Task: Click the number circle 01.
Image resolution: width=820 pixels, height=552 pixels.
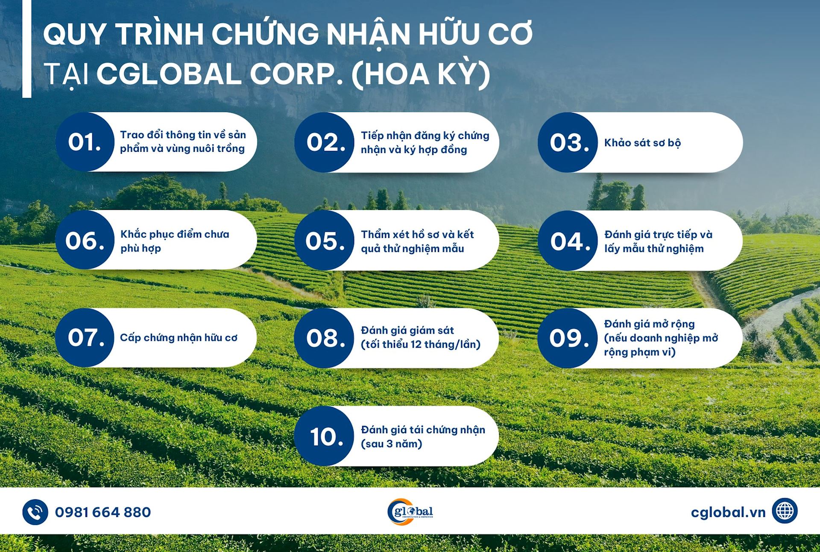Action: (85, 142)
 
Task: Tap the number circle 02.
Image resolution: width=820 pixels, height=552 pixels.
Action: (324, 142)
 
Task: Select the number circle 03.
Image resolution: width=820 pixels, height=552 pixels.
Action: (568, 142)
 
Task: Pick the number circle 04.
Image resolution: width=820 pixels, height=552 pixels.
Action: (568, 240)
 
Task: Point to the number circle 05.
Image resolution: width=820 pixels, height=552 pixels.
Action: (324, 240)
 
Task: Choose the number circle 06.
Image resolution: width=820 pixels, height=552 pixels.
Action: (85, 240)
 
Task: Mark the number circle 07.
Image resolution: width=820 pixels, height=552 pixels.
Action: (85, 338)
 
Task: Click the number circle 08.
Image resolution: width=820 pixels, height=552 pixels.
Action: (324, 338)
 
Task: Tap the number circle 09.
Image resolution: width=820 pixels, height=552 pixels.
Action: (568, 338)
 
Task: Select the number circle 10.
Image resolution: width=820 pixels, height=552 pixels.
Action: (324, 436)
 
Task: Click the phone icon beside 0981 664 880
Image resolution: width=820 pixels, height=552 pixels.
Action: (35, 512)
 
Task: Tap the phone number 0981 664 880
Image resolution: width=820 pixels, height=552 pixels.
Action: (103, 512)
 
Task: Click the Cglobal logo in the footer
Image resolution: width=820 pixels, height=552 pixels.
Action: (410, 511)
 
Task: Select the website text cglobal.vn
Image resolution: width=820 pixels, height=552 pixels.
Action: (728, 512)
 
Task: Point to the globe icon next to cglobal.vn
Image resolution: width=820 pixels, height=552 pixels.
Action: (785, 511)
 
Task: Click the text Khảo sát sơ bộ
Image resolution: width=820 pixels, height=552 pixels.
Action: (642, 143)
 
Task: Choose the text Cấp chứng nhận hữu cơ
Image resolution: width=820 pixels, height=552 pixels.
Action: (179, 338)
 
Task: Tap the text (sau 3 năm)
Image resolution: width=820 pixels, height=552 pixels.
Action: (392, 444)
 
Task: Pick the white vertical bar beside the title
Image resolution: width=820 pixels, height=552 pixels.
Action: (26, 49)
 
